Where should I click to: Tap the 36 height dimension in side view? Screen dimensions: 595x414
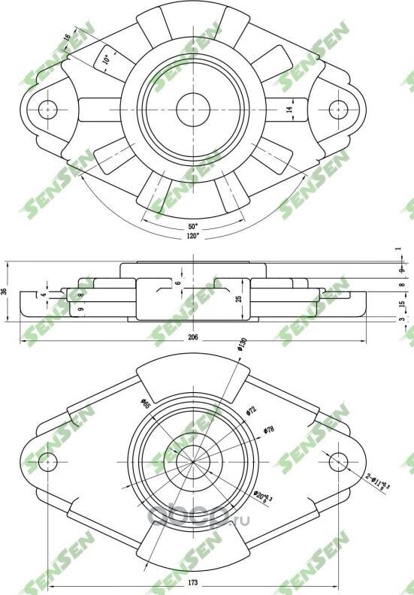coord(5,291)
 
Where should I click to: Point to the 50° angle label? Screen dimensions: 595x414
coord(193,226)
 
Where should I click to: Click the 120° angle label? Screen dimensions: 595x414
coord(193,236)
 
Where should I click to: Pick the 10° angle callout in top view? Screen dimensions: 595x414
coord(107,59)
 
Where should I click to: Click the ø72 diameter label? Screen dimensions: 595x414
coord(251,410)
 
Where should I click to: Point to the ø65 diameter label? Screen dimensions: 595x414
coord(144,405)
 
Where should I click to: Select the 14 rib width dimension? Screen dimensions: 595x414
coord(289,110)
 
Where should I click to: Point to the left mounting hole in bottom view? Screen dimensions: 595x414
coord(50,460)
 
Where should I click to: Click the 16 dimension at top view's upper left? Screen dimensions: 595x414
coord(67,38)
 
